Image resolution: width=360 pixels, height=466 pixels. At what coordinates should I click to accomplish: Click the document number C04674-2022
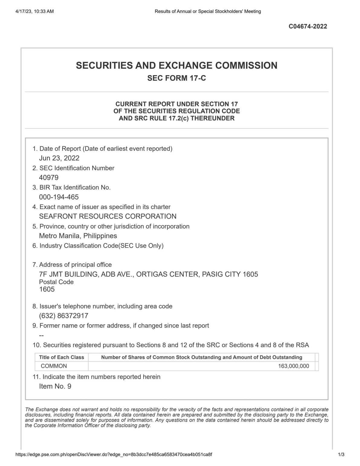[x=308, y=26]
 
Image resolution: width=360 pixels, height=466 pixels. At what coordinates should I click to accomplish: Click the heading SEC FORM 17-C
[x=177, y=78]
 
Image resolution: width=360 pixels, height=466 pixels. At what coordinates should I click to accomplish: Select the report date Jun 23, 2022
[x=59, y=158]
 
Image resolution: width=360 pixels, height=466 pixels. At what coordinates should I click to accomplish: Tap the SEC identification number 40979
[x=49, y=178]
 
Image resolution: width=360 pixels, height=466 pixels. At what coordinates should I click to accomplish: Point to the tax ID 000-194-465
[x=59, y=197]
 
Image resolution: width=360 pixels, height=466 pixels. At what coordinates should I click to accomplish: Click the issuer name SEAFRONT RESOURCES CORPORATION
[x=108, y=216]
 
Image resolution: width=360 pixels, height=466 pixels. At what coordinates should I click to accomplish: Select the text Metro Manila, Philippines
[x=78, y=236]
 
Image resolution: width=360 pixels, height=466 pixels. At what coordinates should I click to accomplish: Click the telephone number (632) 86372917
[x=63, y=316]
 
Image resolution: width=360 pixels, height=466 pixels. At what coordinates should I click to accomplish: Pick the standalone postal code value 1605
[x=47, y=289]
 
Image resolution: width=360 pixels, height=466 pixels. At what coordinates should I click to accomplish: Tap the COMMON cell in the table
[x=54, y=366]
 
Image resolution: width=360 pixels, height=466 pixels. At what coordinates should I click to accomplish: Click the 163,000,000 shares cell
[x=294, y=366]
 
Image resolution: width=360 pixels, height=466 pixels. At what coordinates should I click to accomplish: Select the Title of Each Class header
[x=62, y=357]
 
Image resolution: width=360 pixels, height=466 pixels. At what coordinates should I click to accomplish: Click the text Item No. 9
[x=55, y=386]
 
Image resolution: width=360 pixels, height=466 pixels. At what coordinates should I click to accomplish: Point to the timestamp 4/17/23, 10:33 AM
[x=34, y=11]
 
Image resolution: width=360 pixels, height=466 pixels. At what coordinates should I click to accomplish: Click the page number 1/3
[x=341, y=454]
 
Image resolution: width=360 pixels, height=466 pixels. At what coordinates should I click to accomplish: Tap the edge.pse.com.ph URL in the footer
[x=114, y=454]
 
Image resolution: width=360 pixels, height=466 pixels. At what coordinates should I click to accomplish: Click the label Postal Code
[x=56, y=282]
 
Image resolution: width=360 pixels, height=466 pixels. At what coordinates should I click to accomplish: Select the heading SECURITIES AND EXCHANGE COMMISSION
[x=177, y=65]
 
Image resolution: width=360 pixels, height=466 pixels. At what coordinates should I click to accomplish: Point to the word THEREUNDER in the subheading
[x=213, y=118]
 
